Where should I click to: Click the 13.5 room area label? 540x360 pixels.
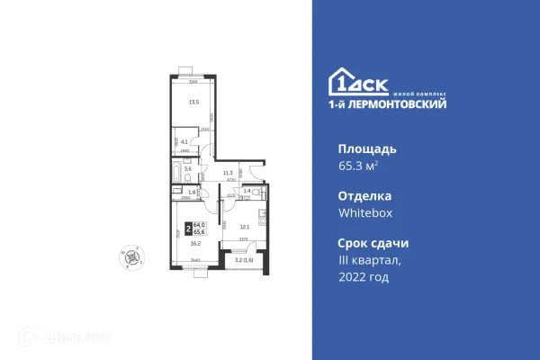(192, 102)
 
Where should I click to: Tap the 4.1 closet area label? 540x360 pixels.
(184, 141)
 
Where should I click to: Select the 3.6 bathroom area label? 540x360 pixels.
(187, 168)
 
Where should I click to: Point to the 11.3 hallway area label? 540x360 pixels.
(228, 173)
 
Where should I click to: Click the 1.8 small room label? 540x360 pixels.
(191, 192)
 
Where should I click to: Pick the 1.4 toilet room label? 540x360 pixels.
(247, 191)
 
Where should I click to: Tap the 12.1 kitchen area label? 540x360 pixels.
(243, 226)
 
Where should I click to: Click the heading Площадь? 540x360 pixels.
(366, 148)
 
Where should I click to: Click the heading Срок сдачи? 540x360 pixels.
(373, 243)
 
